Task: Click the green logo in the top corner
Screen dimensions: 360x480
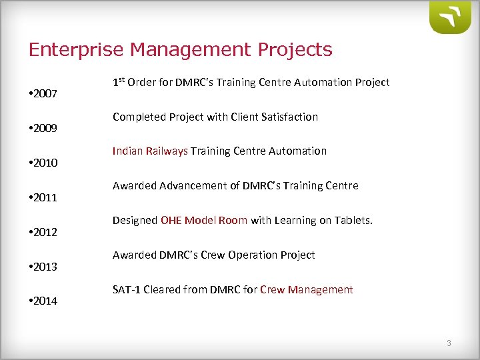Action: pyautogui.click(x=451, y=17)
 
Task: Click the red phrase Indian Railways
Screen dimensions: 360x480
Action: pyautogui.click(x=150, y=151)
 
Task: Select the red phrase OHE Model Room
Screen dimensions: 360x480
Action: pyautogui.click(x=204, y=221)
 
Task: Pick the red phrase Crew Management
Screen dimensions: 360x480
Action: pyautogui.click(x=306, y=289)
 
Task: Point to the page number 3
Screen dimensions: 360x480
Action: pyautogui.click(x=449, y=343)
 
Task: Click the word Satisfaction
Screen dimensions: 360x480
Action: pyautogui.click(x=289, y=117)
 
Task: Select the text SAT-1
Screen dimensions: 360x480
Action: pyautogui.click(x=126, y=289)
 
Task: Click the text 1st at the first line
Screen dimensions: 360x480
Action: pyautogui.click(x=118, y=82)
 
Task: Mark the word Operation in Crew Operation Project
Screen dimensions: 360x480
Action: pyautogui.click(x=253, y=255)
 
